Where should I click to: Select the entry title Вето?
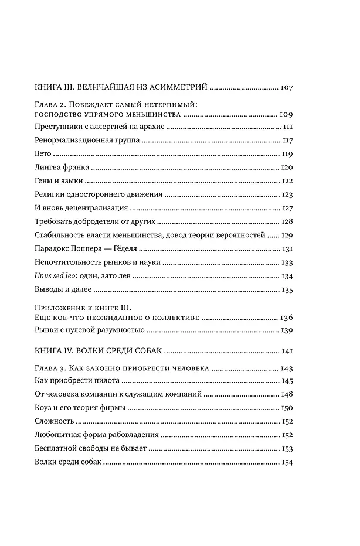click(x=43, y=154)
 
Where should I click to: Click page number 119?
click(x=287, y=154)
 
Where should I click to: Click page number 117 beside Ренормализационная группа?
click(x=287, y=141)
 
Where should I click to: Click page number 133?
click(x=287, y=262)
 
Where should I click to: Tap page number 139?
click(x=287, y=331)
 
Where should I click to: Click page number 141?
click(x=287, y=352)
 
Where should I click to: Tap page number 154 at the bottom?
click(x=287, y=463)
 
